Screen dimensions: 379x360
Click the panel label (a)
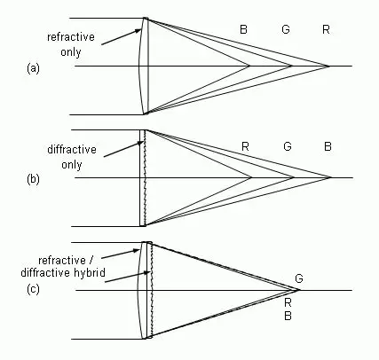coord(33,68)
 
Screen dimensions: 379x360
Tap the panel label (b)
coord(33,179)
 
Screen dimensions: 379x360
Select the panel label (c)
coord(33,289)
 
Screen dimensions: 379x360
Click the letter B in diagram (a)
coord(243,29)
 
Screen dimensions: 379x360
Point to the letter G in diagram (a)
coord(286,29)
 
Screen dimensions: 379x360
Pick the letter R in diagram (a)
coord(326,29)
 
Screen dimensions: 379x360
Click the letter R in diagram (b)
coord(245,146)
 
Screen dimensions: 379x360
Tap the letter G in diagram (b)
coord(288,146)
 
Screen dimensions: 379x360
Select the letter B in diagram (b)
coord(328,146)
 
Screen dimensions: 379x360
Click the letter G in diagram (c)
coord(299,278)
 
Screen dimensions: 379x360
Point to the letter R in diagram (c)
coord(288,302)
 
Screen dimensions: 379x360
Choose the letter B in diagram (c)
coord(288,316)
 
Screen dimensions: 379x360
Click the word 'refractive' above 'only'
coord(71,37)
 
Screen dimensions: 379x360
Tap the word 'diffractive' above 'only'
coord(72,149)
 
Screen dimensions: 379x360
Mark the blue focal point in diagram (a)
coord(250,66)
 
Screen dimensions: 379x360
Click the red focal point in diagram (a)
coord(329,66)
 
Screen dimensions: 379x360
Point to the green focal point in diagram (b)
coord(294,177)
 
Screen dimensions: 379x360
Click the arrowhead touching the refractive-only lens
coord(138,30)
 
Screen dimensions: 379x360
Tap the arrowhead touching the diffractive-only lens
coord(141,144)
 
